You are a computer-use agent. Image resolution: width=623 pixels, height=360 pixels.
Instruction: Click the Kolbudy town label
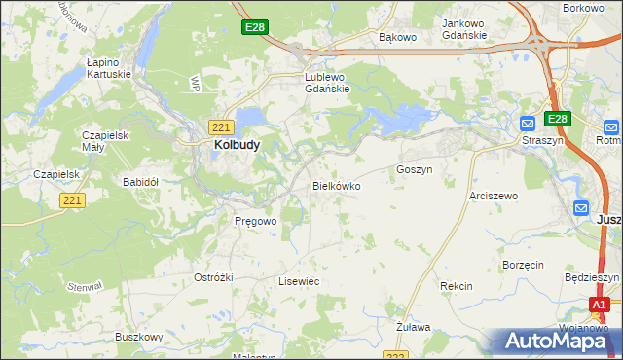click(x=237, y=145)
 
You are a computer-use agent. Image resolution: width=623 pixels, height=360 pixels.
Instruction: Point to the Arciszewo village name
click(x=494, y=196)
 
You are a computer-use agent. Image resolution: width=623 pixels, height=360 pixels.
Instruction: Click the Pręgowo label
click(x=256, y=221)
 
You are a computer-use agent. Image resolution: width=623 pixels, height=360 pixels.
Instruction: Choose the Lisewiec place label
click(x=299, y=280)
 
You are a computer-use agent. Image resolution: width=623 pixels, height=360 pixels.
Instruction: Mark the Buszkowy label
click(x=138, y=337)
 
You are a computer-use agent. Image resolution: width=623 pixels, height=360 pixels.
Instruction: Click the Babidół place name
click(x=140, y=182)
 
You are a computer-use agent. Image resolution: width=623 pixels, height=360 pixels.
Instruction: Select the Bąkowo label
click(x=397, y=38)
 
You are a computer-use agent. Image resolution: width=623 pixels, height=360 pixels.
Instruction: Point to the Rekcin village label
click(x=456, y=286)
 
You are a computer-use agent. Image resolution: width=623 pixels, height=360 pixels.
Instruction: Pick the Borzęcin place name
click(x=523, y=265)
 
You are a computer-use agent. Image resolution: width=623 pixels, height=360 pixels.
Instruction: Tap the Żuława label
click(x=414, y=327)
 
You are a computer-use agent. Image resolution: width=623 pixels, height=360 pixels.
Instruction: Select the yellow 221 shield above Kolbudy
click(x=220, y=126)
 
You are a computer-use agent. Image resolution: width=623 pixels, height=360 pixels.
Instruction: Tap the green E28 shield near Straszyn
click(x=557, y=119)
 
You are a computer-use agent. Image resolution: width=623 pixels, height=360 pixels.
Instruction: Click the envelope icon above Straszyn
click(x=527, y=125)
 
